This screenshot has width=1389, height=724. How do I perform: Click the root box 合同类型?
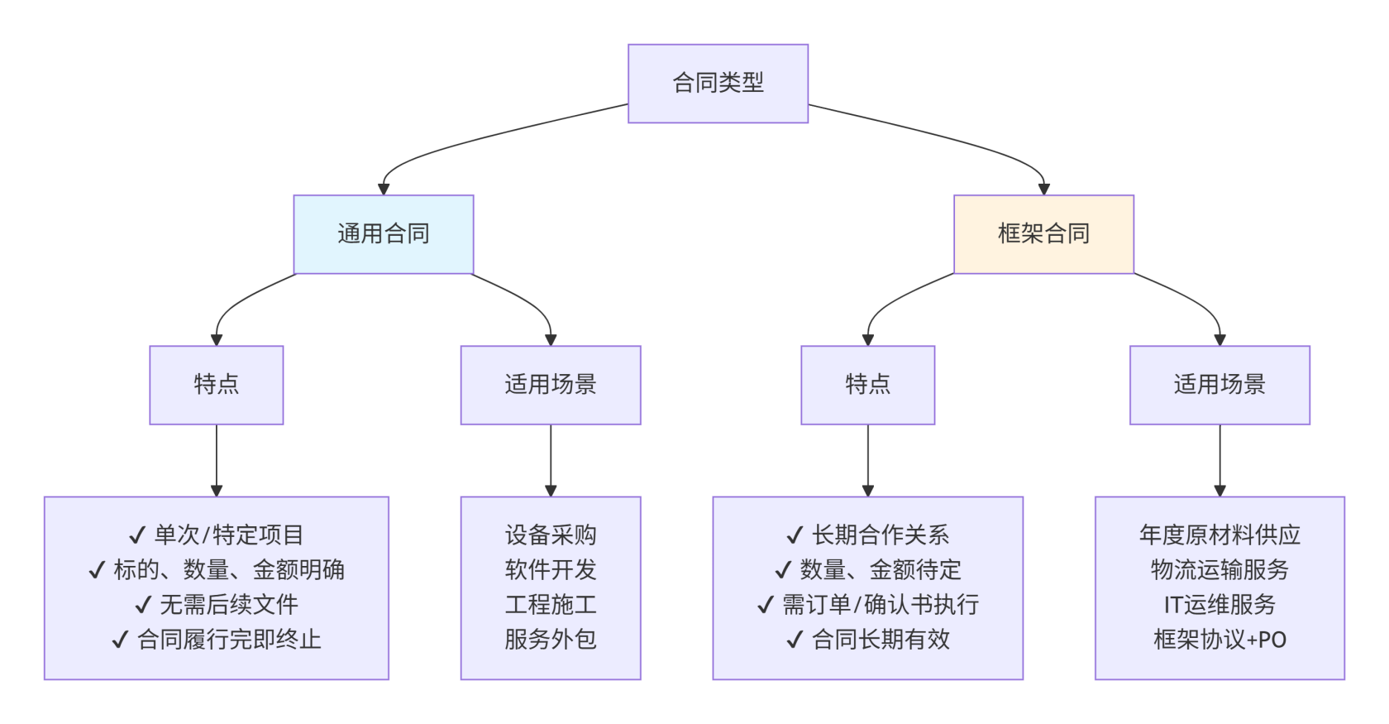[x=718, y=84]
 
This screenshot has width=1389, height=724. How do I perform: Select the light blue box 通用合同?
[x=384, y=234]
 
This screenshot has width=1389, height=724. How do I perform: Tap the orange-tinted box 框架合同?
[x=1043, y=234]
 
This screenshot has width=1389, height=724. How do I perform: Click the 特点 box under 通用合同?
[x=217, y=385]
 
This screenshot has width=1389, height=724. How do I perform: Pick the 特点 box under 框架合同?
[x=867, y=385]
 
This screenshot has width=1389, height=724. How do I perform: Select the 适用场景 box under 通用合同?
[x=551, y=385]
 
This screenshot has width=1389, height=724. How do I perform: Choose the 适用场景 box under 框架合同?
[x=1220, y=385]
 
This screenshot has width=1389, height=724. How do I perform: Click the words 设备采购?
[x=551, y=535]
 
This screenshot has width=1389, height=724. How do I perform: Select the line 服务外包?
[x=551, y=640]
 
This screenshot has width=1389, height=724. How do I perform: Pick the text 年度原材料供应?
[x=1220, y=535]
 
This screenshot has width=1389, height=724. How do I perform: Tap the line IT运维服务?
[x=1220, y=605]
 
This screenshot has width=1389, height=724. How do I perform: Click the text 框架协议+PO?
[x=1220, y=640]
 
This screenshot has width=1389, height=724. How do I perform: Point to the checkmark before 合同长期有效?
[x=795, y=640]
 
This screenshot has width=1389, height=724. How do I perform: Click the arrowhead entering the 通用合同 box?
[x=384, y=189]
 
